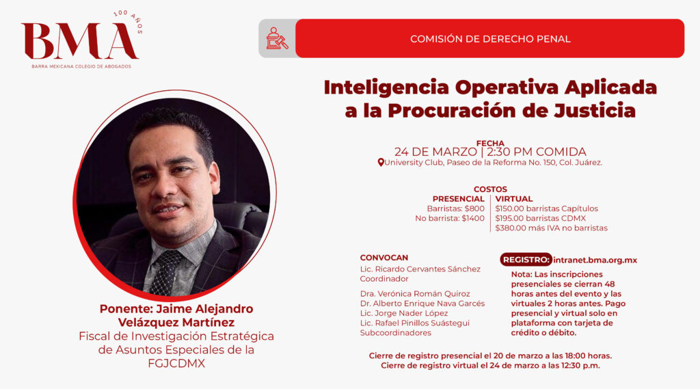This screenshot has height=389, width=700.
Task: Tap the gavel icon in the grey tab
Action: point(277,38)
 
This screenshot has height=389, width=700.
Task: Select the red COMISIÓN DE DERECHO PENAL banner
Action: point(489,38)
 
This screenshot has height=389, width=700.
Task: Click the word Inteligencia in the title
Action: point(386,87)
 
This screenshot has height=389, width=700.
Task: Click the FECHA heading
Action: point(490,143)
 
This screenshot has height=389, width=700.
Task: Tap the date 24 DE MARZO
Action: point(435,152)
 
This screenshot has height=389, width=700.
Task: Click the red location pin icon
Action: point(380,163)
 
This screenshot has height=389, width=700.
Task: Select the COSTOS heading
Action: point(490,189)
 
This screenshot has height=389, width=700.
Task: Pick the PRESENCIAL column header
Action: point(458,199)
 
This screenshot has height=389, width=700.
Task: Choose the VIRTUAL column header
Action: point(514,199)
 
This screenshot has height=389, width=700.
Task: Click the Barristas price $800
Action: point(474,209)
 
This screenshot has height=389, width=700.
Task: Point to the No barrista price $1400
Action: point(473,218)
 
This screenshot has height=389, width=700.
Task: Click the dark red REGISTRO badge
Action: point(526,260)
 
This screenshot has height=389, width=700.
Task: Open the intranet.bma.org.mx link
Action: point(595,260)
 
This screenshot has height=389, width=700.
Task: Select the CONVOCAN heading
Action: point(384,258)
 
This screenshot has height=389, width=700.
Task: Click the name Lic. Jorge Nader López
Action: point(404,313)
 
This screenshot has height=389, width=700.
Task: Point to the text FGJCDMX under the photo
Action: point(176,364)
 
